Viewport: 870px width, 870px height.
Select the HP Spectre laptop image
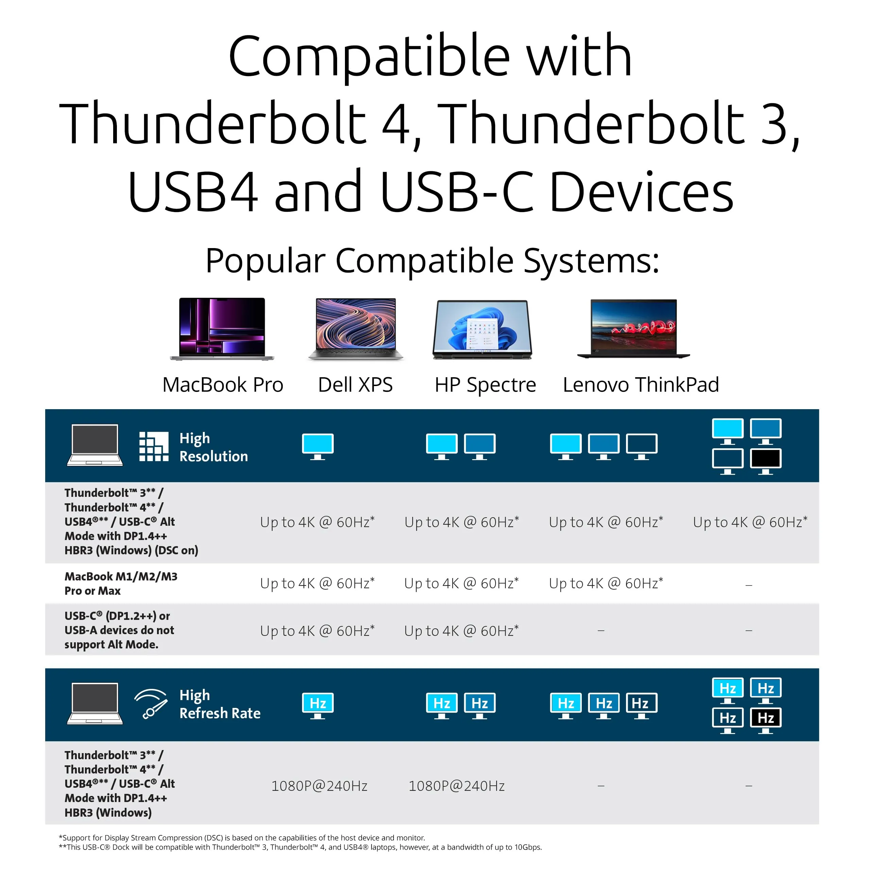click(482, 330)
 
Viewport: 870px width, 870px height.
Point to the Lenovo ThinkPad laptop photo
click(633, 329)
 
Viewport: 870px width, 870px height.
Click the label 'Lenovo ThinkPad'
click(641, 385)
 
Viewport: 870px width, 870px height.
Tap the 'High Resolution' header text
click(213, 447)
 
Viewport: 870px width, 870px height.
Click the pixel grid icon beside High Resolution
click(154, 447)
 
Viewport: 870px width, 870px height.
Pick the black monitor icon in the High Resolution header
click(766, 462)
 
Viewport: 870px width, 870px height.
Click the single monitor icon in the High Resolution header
click(318, 447)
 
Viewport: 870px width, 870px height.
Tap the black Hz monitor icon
click(766, 720)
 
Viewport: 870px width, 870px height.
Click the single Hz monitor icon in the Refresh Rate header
click(318, 706)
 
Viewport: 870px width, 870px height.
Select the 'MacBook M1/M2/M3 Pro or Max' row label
click(121, 584)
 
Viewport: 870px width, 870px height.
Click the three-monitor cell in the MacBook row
click(606, 584)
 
